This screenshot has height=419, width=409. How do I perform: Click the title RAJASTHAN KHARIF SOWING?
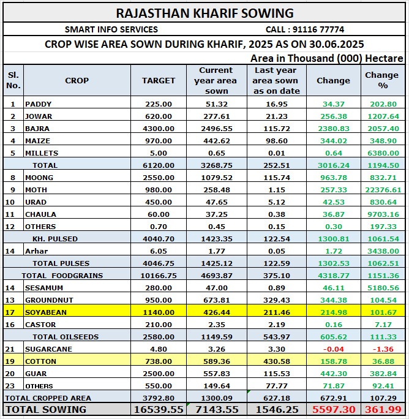[x=204, y=13]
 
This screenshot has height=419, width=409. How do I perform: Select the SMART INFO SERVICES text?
[x=111, y=29]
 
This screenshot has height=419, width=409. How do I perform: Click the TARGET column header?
[x=159, y=80]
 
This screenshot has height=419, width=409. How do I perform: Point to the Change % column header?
[x=381, y=80]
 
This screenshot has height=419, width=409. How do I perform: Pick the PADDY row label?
[x=39, y=104]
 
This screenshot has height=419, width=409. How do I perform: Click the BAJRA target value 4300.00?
[x=159, y=129]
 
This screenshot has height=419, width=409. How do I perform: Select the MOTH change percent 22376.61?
[x=381, y=190]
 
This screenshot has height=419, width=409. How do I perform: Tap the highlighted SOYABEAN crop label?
[x=46, y=312]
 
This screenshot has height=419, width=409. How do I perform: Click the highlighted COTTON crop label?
[x=40, y=361]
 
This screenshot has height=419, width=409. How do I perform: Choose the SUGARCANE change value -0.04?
[x=334, y=349]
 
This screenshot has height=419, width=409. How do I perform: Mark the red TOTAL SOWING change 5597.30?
[x=333, y=409]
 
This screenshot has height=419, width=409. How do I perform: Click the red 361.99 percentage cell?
[x=381, y=409]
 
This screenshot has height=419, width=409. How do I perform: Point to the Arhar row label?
[x=36, y=251]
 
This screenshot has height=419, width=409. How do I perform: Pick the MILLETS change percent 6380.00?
[x=381, y=153]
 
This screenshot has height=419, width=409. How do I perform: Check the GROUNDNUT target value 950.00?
[x=159, y=300]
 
